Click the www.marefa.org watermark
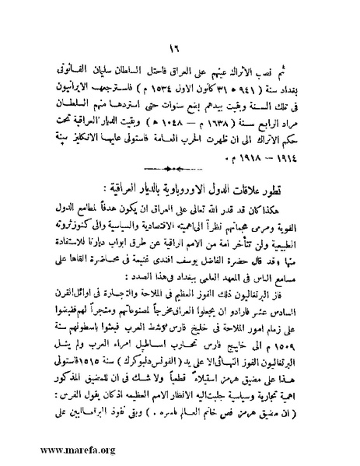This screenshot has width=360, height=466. click(44, 449)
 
